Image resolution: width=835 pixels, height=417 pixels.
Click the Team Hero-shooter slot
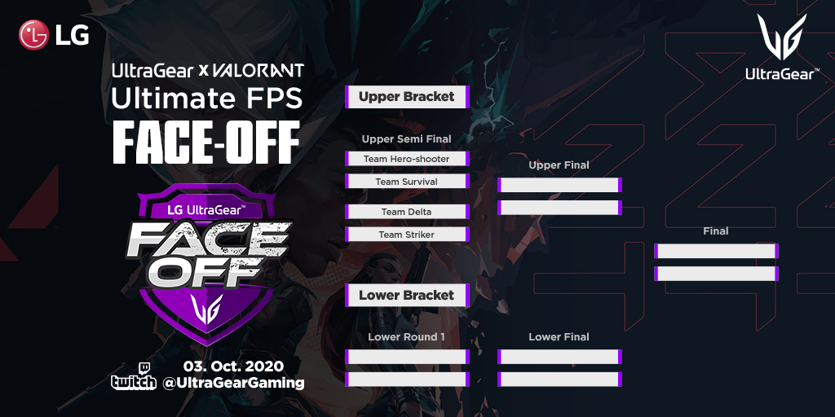407,159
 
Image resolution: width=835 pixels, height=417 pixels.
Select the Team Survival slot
407,182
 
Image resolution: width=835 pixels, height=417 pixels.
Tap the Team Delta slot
407,212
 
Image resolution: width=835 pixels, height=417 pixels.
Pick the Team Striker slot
407,235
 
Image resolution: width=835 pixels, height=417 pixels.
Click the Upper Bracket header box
407,97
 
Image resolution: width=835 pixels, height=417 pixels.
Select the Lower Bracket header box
407,295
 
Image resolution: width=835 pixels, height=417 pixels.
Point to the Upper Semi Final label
406,139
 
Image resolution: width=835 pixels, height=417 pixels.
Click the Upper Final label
559,165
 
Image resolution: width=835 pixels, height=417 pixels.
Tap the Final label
716,231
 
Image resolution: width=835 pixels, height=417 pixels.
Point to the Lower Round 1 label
406,337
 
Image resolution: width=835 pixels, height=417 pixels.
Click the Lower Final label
559,337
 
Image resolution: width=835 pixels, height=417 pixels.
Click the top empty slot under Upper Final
559,185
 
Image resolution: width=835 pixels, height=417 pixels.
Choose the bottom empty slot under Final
716,274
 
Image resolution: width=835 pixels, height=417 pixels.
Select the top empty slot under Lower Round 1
407,357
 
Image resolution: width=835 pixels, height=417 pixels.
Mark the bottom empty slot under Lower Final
559,380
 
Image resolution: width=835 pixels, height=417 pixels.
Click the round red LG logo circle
33,35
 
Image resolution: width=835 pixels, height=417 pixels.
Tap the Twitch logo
134,377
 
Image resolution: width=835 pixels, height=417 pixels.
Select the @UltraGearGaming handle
233,383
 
